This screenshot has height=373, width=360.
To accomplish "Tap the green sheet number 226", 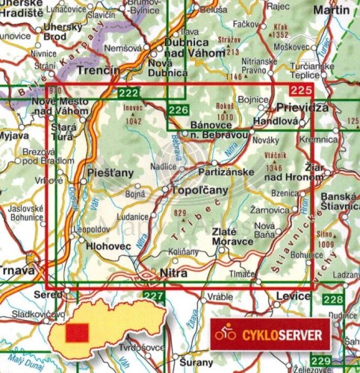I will [x=178, y=110].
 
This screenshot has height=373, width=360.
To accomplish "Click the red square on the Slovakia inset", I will [x=75, y=331].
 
